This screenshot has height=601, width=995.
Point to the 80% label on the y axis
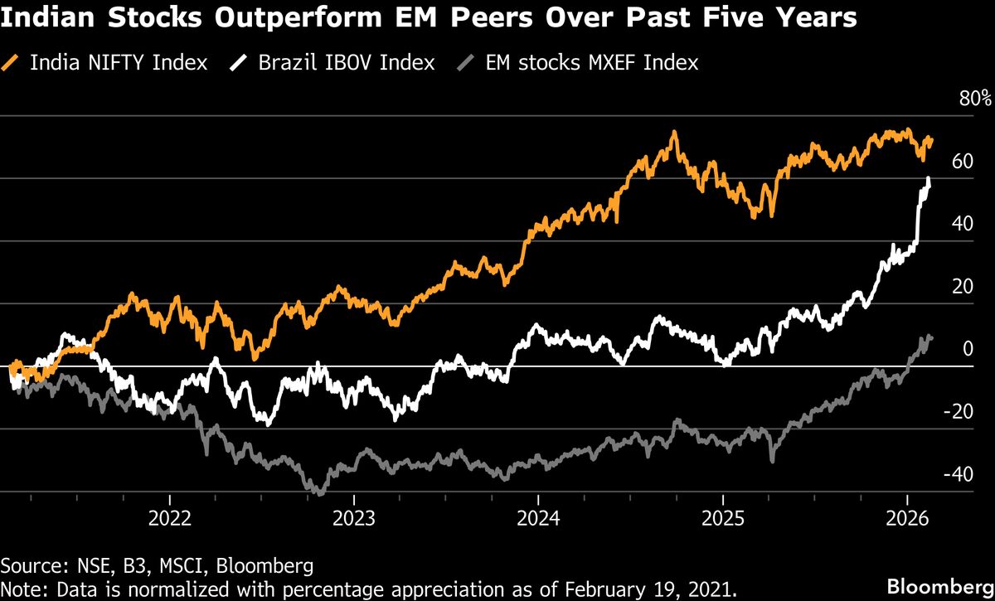click(975, 99)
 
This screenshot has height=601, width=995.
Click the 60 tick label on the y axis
click(962, 162)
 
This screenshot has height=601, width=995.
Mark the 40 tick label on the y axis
click(962, 225)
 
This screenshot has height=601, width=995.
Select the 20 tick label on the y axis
click(962, 287)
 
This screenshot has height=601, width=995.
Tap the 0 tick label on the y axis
click(967, 349)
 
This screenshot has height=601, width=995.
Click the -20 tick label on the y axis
click(959, 412)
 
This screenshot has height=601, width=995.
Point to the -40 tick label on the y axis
click(959, 474)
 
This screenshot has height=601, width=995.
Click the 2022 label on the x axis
click(169, 519)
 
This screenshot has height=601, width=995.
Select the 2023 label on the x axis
click(354, 519)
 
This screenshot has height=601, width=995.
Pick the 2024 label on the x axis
click(538, 519)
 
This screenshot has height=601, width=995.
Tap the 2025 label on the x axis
click(723, 519)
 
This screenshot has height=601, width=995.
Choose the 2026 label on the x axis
click(907, 519)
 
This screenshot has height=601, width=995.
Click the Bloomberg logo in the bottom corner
click(939, 586)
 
